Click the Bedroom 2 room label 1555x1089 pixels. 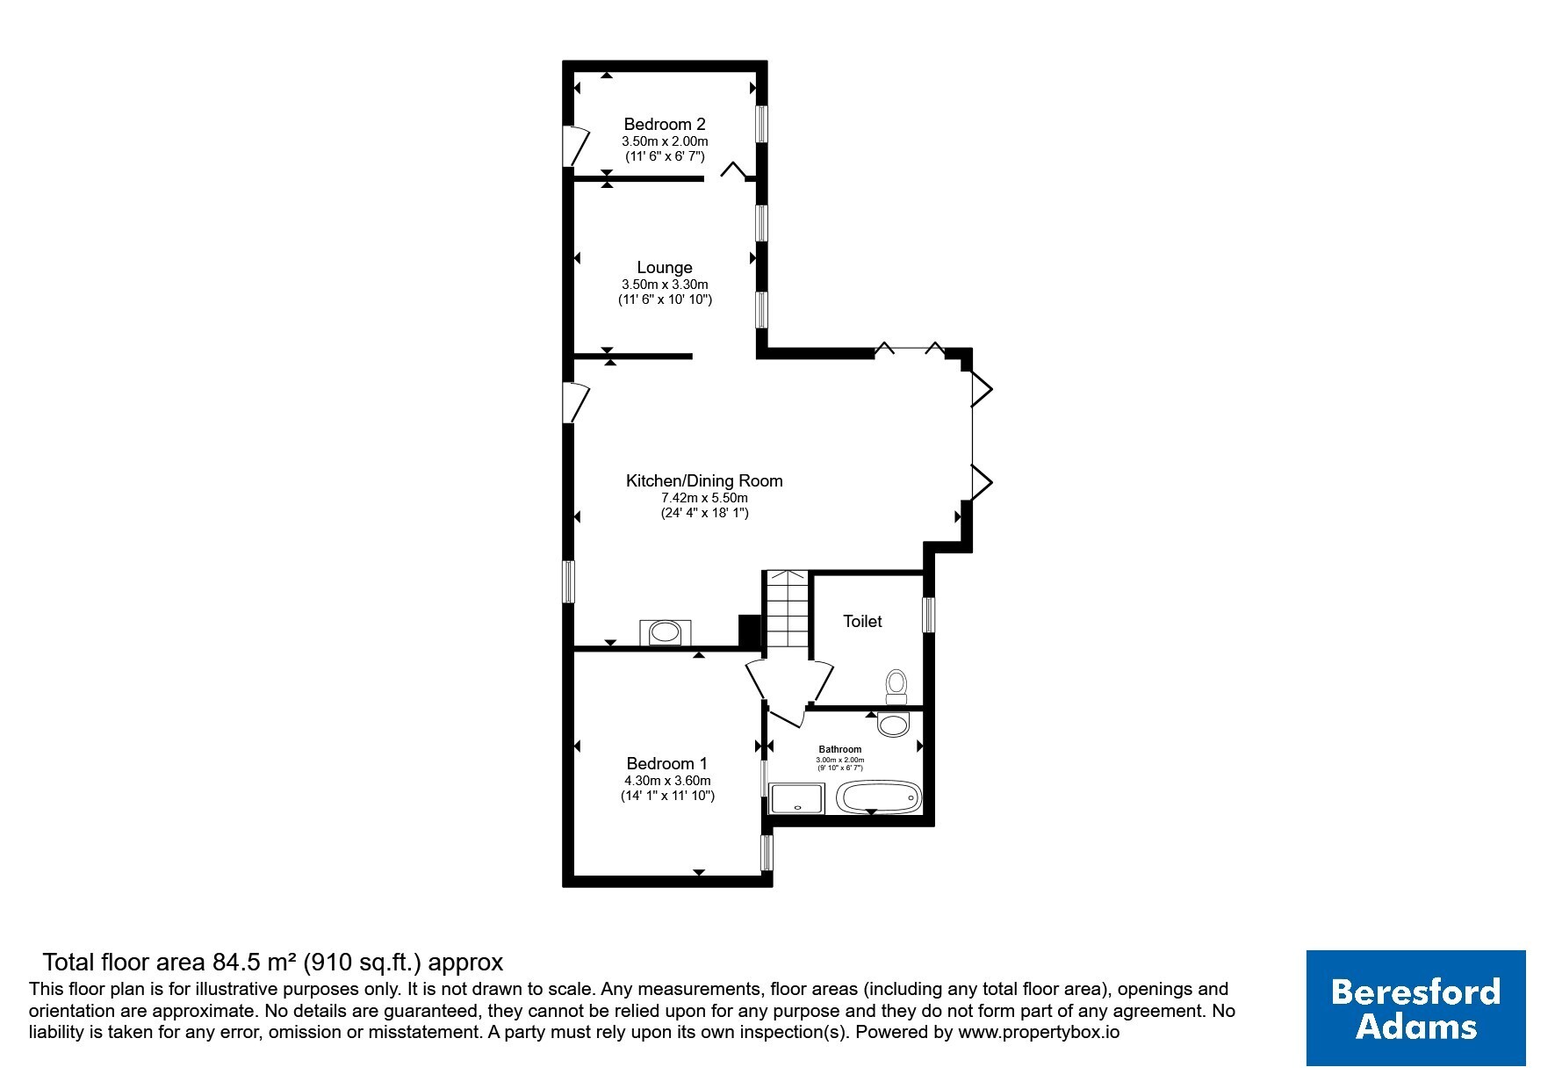coord(665,125)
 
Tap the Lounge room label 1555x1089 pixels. coord(665,268)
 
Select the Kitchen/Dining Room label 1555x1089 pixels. coord(704,481)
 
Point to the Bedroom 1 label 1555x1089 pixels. coord(667,764)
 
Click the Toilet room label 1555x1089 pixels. coord(862,622)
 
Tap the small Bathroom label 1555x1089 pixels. coord(840,749)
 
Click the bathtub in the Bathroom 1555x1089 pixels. coord(879,797)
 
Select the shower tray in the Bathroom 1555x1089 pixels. coord(797,798)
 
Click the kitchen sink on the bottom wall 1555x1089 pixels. coord(666,632)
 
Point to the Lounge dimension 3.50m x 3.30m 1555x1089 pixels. coord(665,285)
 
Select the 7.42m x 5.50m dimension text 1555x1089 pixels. coord(704,498)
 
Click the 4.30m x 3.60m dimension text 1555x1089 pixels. coord(667,781)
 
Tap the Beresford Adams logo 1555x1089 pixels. coord(1415,1008)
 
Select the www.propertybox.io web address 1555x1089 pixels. coord(1039,1033)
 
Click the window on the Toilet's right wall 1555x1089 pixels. coord(929,615)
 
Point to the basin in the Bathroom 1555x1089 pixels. coord(895,725)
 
